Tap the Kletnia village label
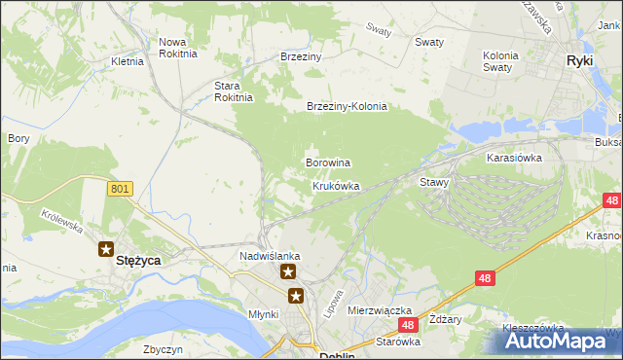[128, 60]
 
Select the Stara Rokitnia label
[234, 90]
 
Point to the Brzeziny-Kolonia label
[347, 106]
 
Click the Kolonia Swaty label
[506, 61]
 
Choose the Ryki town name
[581, 60]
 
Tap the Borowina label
[328, 162]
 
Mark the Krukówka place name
[336, 186]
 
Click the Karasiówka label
[514, 156]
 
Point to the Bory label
[18, 139]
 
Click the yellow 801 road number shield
[120, 188]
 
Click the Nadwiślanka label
[270, 256]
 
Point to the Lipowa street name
[334, 302]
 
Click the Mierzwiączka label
[380, 309]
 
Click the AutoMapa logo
[561, 342]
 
